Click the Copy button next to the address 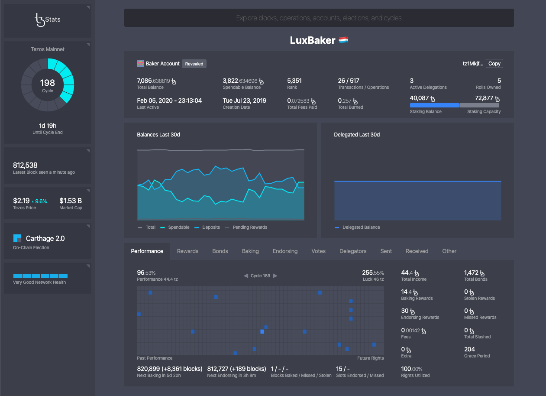(494, 64)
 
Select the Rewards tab (187, 251)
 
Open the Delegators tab (353, 251)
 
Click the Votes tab (318, 251)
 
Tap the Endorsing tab (285, 251)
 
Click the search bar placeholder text (319, 18)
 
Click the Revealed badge (194, 64)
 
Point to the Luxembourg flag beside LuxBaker (343, 40)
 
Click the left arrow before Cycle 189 (246, 276)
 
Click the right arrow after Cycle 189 (275, 276)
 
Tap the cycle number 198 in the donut (48, 83)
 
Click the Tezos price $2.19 (22, 201)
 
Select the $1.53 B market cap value (71, 201)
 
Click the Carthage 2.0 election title (45, 239)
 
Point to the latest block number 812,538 (25, 165)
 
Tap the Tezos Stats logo (47, 19)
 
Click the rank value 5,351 (294, 81)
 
